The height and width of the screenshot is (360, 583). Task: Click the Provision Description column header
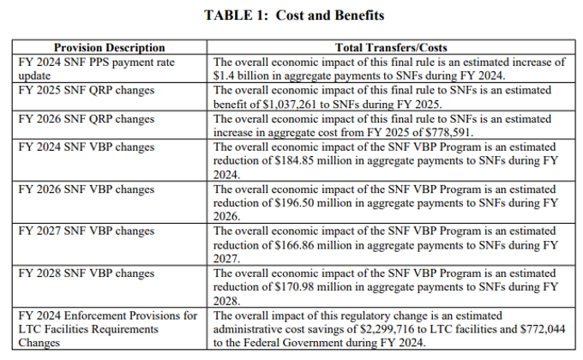(x=109, y=48)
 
